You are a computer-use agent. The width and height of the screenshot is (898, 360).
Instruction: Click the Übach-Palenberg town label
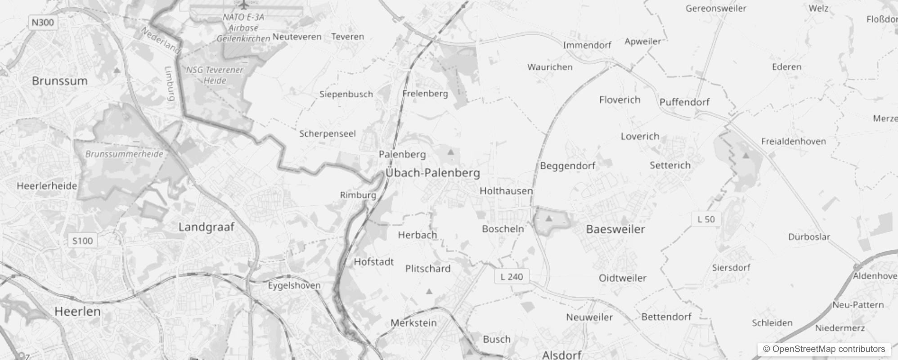point(432,173)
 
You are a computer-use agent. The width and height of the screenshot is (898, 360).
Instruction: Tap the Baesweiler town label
point(615,229)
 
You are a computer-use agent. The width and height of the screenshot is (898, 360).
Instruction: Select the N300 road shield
point(43,22)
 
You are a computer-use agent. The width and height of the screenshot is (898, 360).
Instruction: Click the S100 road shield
point(82,241)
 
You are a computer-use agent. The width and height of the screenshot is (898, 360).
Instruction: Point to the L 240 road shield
point(512,276)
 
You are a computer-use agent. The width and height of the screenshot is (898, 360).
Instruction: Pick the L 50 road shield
point(706,219)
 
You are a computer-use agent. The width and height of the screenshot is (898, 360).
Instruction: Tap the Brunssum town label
point(60,81)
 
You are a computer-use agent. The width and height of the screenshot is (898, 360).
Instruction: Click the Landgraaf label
point(206,227)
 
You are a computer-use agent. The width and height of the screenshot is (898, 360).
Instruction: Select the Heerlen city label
point(77,311)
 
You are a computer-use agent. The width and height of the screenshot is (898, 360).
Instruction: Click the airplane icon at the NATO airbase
point(243,5)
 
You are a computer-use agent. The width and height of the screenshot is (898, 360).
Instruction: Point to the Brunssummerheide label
point(124,154)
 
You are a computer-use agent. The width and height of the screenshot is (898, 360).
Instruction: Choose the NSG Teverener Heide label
point(215,75)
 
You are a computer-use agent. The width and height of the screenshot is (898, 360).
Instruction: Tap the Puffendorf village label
point(684,102)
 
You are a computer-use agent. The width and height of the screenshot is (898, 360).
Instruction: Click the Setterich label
point(670,165)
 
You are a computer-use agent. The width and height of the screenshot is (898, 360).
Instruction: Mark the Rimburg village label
point(358,195)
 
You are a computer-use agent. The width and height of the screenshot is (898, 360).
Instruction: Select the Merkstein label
point(413,323)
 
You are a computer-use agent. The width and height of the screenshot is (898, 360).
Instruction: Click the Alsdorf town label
point(561,355)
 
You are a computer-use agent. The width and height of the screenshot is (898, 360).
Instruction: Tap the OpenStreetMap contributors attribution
point(824,349)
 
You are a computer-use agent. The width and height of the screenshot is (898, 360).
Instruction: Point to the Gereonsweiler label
point(715,8)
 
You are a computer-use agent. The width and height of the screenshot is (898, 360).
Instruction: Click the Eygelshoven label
point(294,285)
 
